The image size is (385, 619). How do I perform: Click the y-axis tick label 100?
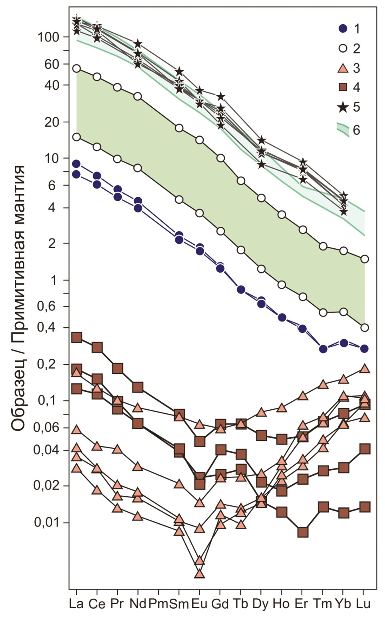tap(48, 37)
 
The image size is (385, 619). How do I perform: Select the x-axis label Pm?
tap(159, 604)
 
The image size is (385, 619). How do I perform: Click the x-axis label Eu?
tap(200, 604)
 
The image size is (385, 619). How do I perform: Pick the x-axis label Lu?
tap(363, 604)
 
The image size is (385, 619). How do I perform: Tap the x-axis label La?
tap(76, 604)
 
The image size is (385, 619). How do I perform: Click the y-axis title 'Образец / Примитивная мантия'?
tap(18, 298)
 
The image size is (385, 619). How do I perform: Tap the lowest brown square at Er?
tap(302, 533)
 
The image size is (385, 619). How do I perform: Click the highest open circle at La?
tap(76, 69)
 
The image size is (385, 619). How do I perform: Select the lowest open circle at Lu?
tap(364, 328)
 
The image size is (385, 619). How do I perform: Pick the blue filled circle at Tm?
tap(323, 349)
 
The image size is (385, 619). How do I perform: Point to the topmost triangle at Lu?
tap(364, 368)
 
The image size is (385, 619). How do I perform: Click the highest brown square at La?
tap(77, 338)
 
